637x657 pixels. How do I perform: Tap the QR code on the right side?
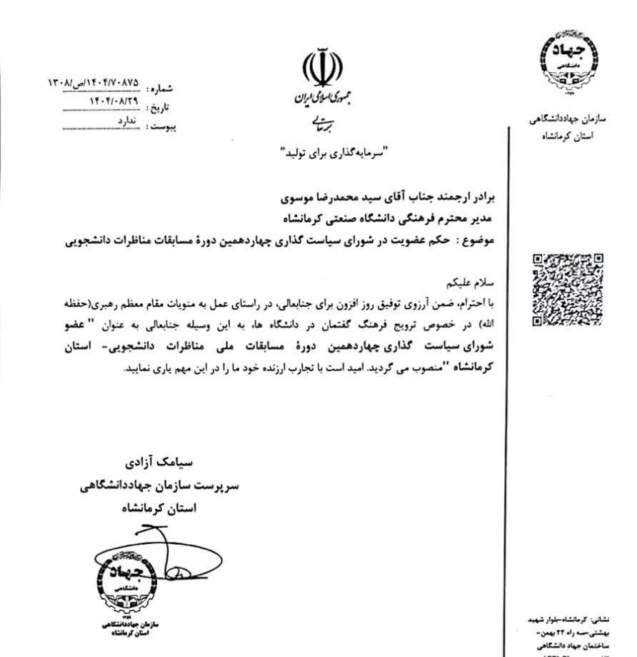tap(568, 289)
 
